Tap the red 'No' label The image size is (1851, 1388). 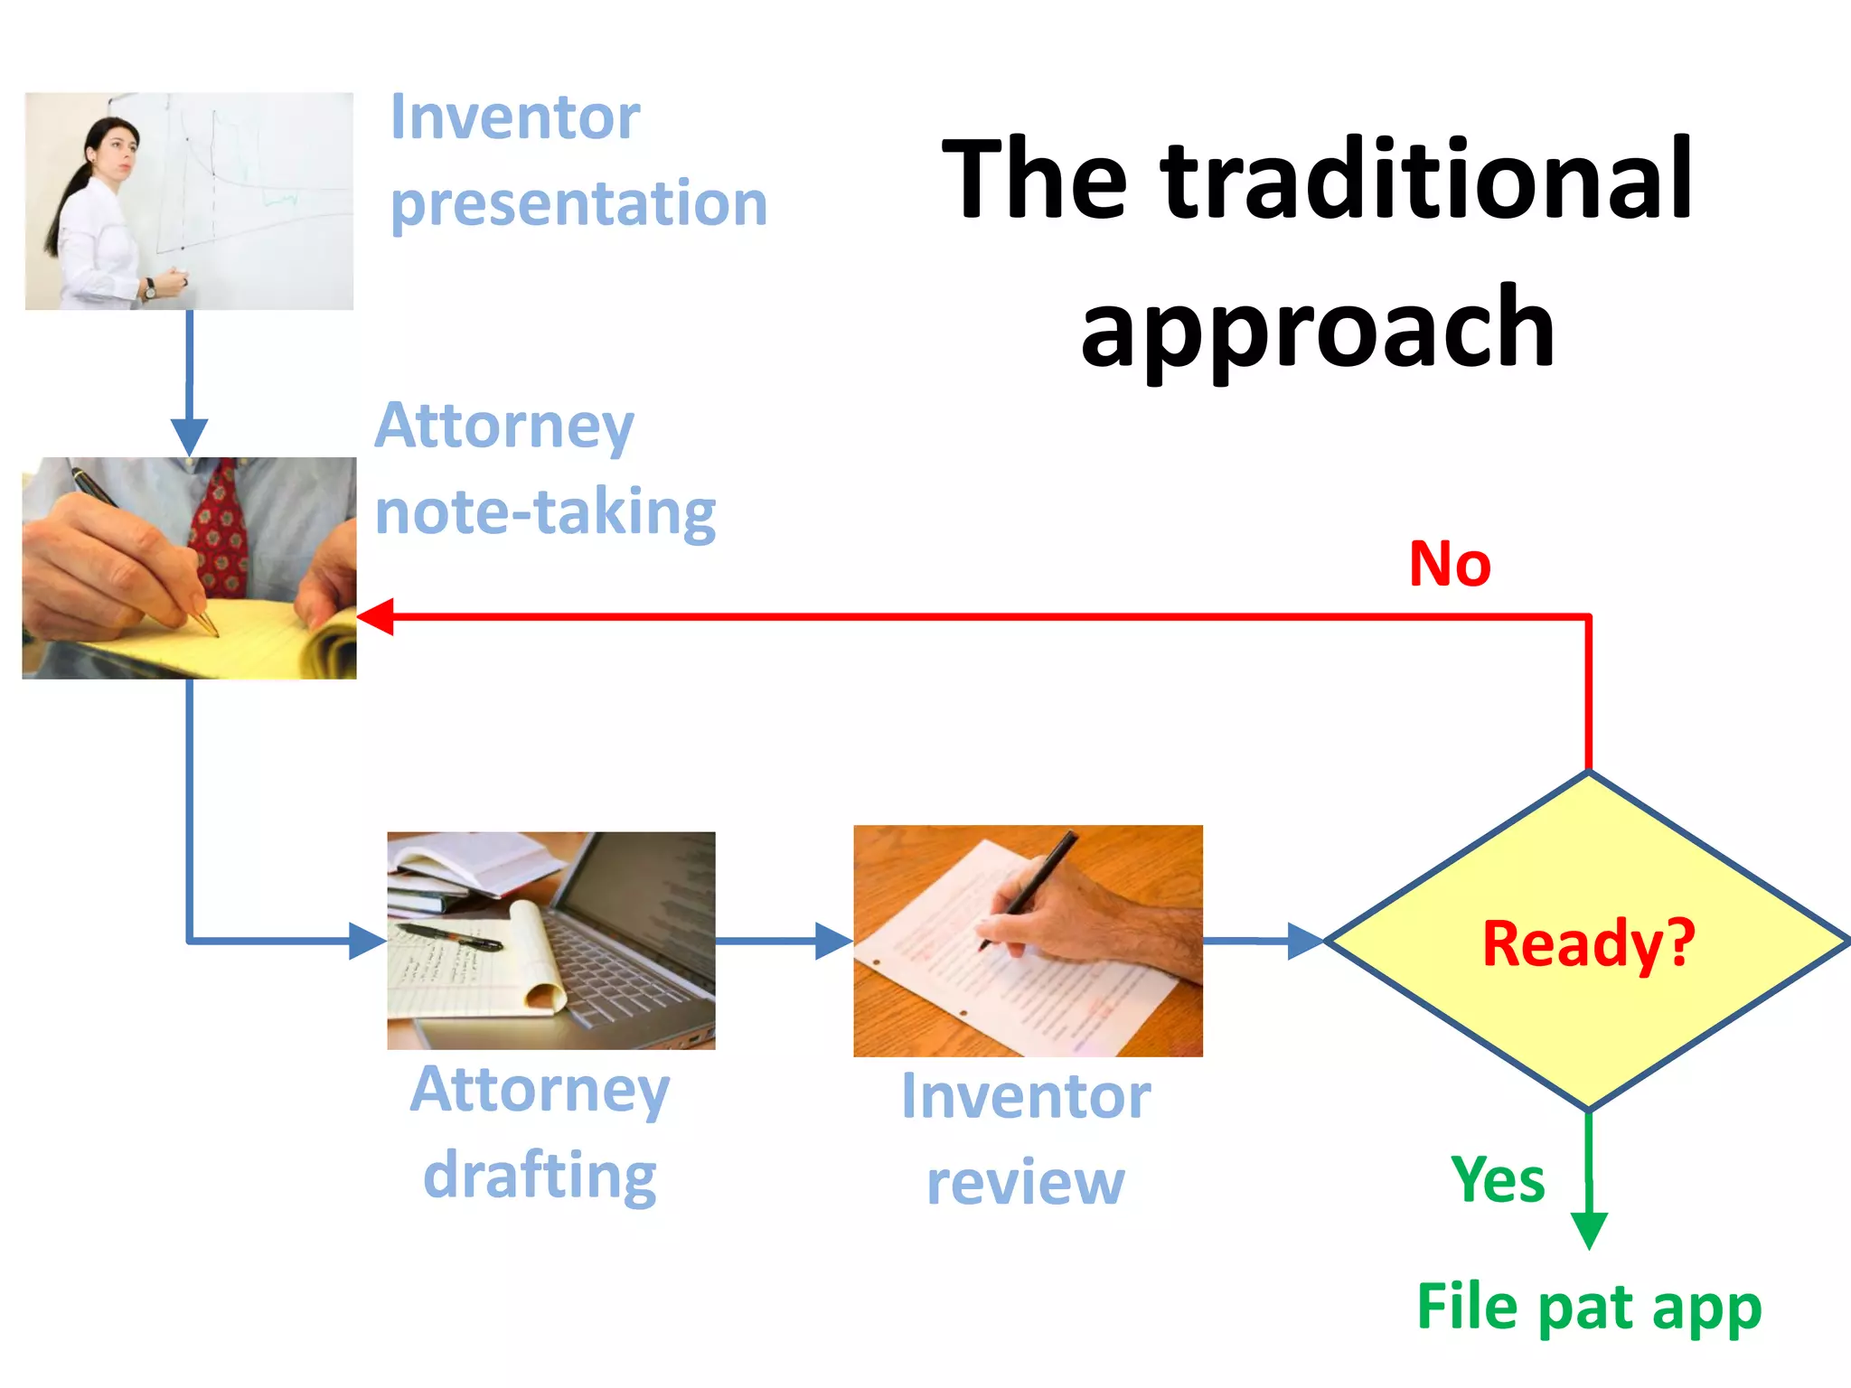(x=1450, y=565)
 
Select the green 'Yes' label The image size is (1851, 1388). (x=1498, y=1180)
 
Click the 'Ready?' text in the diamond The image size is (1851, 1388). (x=1588, y=943)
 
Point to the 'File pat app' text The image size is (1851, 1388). (x=1589, y=1308)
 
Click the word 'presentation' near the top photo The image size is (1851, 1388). (x=578, y=204)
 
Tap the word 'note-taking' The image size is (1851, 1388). (x=545, y=512)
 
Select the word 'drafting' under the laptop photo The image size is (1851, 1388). (x=540, y=1176)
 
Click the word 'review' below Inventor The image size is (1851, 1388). (x=1026, y=1183)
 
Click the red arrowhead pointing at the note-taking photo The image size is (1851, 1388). (x=376, y=617)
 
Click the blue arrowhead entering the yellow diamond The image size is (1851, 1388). (x=1305, y=941)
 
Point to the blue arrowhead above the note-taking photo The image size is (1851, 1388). (x=189, y=436)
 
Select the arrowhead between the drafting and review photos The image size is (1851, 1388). (x=833, y=941)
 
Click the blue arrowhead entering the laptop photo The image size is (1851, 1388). (x=367, y=941)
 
